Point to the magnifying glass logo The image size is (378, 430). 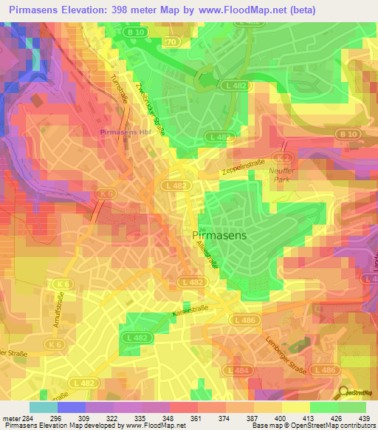[344, 393]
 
